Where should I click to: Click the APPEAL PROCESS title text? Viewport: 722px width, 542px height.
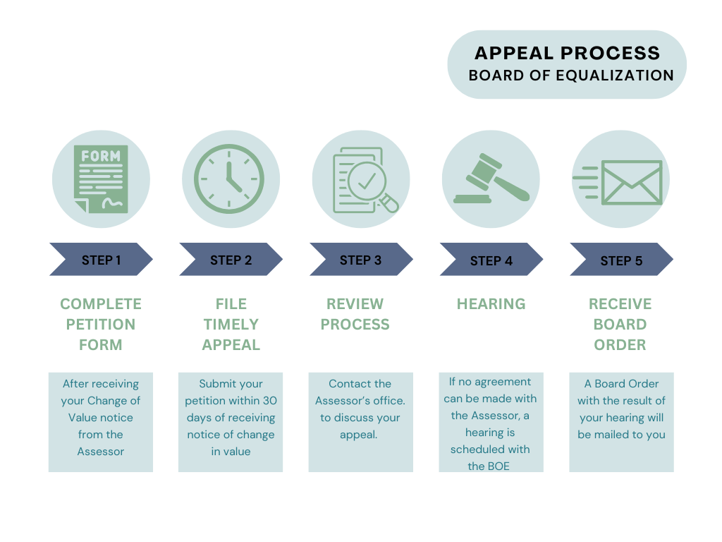[567, 53]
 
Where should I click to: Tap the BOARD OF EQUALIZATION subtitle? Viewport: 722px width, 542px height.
[571, 76]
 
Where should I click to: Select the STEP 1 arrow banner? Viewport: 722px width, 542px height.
[101, 260]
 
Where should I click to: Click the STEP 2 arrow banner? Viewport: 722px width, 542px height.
[231, 260]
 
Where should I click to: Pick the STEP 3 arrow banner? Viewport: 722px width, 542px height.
[360, 260]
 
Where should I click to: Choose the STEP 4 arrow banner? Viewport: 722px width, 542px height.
[491, 260]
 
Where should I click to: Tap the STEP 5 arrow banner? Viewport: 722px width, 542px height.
[621, 260]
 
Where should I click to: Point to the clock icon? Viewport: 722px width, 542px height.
[228, 179]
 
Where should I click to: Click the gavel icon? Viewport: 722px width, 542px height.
[491, 180]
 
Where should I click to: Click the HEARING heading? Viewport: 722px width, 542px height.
[491, 303]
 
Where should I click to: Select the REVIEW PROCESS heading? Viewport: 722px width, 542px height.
[355, 314]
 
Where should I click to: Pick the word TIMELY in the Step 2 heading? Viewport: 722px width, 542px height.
[231, 324]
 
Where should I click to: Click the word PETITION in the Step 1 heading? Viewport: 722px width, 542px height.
[101, 324]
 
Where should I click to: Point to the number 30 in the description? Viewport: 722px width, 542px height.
[269, 401]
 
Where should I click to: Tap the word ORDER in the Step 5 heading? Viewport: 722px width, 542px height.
[620, 344]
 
